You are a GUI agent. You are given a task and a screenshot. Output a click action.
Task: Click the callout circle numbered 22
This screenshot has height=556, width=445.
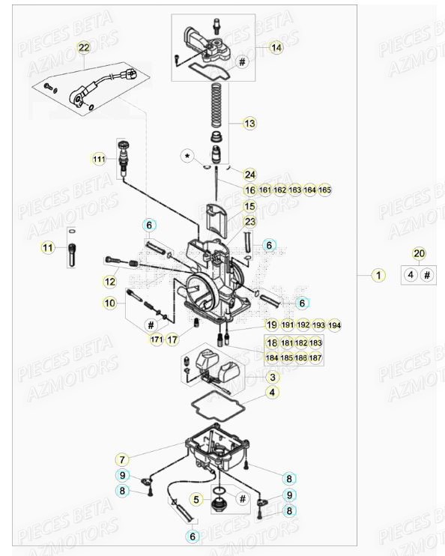coord(83,48)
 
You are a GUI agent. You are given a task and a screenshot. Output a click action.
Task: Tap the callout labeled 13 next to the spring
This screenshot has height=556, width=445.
coord(249,123)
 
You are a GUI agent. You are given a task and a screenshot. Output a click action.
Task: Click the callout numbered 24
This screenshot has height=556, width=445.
coord(249,174)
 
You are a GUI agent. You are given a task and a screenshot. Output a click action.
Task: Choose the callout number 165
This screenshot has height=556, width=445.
coord(324,190)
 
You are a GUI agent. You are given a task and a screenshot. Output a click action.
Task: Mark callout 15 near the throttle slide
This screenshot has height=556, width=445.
coord(249,206)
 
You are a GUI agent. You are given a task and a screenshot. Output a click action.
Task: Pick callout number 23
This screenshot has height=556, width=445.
coord(249,222)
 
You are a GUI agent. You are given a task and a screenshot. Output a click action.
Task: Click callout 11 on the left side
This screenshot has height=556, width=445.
coord(48,247)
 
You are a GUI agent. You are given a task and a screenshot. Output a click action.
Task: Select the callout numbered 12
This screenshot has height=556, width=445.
coord(110,282)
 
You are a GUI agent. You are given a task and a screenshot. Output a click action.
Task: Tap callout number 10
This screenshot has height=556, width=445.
coord(110,303)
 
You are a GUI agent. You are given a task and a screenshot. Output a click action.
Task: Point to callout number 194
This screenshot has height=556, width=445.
coord(334,325)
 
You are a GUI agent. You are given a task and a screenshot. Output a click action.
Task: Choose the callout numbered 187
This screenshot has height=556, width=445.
coord(315,358)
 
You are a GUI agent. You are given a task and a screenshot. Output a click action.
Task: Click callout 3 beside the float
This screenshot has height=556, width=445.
coord(272,378)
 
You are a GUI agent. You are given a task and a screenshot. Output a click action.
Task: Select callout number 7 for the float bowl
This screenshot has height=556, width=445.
coord(121,458)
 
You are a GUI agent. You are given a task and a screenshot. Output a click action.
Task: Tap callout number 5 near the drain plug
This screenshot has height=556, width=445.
coord(197,498)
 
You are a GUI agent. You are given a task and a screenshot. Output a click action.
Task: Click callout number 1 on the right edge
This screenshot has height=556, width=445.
coord(379,275)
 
